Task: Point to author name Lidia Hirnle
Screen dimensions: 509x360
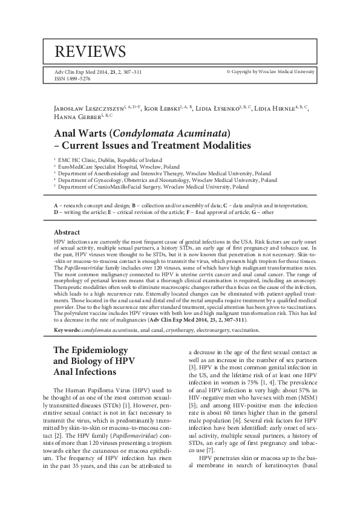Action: pos(272,108)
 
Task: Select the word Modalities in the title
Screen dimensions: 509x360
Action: pos(221,146)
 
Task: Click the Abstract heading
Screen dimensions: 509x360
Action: pos(67,232)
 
